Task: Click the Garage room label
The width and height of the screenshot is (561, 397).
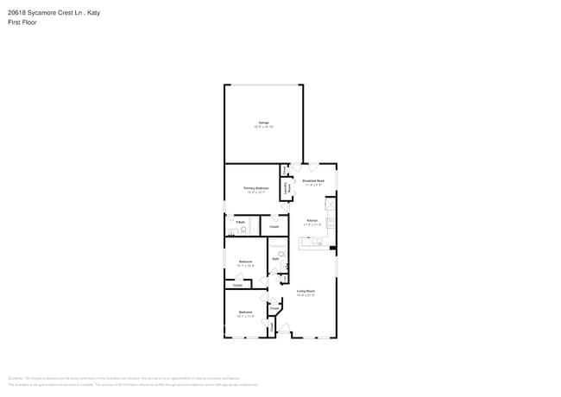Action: coord(263,123)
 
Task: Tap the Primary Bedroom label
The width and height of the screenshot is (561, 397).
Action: coord(256,187)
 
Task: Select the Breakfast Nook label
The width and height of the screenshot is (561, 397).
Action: coord(312,181)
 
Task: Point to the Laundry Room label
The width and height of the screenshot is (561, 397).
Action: coord(287,187)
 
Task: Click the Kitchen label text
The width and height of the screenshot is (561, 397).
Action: coord(312,221)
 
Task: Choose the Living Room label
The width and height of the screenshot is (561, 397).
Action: coord(306,291)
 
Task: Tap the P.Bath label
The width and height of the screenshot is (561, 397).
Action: coord(241,223)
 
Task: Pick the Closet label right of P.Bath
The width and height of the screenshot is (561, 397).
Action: coord(274,227)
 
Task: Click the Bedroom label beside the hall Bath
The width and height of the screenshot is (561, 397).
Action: coord(246,262)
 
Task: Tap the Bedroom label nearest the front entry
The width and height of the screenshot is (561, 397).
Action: coord(246,312)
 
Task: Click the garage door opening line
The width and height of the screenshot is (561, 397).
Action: coord(263,85)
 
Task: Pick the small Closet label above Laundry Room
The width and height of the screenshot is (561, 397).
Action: coord(286,171)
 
